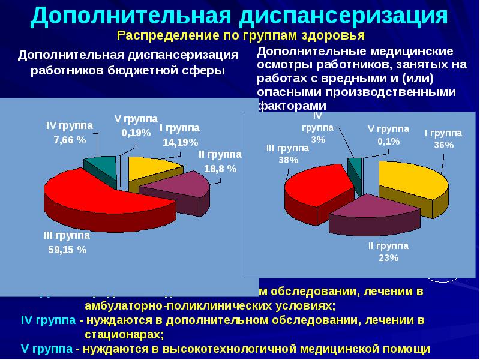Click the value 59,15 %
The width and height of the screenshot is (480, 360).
(x=67, y=250)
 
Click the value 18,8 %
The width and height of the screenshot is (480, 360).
(x=220, y=169)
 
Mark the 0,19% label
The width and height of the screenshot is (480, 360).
(x=136, y=133)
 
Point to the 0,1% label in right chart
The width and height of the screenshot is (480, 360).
(x=388, y=142)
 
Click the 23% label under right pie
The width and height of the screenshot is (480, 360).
(x=388, y=258)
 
